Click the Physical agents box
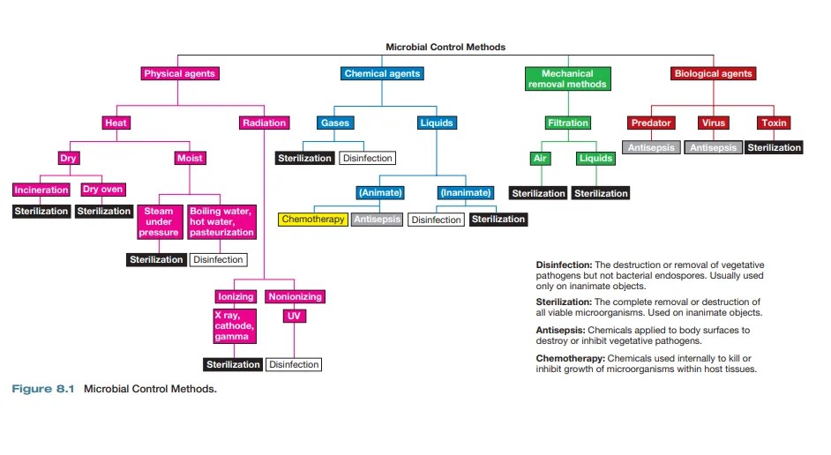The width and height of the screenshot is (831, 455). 180,74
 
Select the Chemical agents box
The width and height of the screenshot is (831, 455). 382,74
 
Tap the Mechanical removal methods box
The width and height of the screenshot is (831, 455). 567,78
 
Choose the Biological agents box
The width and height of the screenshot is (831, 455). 713,74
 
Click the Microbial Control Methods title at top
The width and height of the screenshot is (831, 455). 445,47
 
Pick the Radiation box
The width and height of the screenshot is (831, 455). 264,123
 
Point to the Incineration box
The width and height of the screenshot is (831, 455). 41,190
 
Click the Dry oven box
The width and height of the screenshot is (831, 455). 103,190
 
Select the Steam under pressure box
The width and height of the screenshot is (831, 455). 159,222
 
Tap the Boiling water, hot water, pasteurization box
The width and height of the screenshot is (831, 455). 221,222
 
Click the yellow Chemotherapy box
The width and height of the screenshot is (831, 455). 313,219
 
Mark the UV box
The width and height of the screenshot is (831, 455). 294,315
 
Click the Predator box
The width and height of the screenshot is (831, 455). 651,123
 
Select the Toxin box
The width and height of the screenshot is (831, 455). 774,123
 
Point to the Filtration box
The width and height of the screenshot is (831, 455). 567,123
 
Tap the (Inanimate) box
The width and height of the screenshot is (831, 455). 465,192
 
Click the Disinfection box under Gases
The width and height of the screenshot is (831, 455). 367,159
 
